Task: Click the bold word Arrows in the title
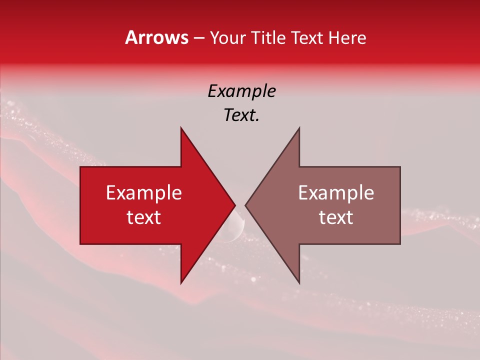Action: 157,37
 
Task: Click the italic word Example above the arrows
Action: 241,91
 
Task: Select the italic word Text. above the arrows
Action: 241,115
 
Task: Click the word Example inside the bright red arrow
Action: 144,192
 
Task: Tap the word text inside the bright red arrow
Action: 144,217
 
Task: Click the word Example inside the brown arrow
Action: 336,192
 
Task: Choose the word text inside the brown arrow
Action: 336,217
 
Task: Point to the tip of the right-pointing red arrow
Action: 235,205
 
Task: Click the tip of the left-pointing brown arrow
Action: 245,205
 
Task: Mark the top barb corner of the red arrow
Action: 181,128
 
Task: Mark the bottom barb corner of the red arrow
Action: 181,282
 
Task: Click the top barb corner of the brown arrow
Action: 299,128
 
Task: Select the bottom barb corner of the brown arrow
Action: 299,282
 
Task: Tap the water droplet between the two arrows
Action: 234,227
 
